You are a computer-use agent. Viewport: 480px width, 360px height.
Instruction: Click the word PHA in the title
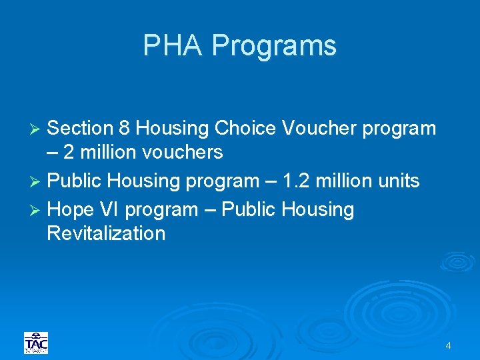(175, 46)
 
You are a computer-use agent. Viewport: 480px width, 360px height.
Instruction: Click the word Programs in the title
(274, 46)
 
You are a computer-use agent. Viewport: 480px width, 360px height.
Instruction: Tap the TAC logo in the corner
(36, 343)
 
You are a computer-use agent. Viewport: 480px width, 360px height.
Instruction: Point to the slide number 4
(448, 345)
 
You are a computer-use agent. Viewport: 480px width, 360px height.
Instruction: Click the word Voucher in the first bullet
(320, 128)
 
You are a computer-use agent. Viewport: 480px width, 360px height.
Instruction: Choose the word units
(397, 181)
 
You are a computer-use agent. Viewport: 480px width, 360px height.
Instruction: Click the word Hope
(72, 210)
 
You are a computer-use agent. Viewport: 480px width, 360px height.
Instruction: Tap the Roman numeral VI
(110, 210)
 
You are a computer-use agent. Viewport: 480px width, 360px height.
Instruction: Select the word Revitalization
(106, 233)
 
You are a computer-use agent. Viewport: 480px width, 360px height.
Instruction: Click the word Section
(83, 128)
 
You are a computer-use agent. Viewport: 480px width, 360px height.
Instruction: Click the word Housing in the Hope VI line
(318, 210)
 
